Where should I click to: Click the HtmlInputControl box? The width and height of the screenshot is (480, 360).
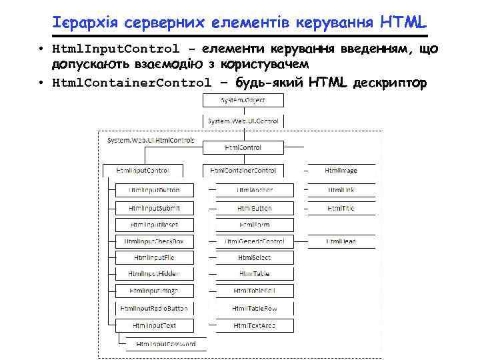coord(142,171)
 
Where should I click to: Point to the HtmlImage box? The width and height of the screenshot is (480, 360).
coord(341,171)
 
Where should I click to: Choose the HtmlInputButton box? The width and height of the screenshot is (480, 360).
coord(154,190)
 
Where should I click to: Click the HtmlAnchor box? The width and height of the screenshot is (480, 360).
coord(255,190)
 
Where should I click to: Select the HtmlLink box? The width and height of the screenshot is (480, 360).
coord(341,190)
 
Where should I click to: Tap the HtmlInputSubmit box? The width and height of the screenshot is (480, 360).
coord(154,208)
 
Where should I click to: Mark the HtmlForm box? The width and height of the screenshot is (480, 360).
coord(255,225)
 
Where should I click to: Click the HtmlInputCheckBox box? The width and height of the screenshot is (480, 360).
coord(154,241)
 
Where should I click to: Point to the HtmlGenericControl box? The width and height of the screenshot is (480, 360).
coord(255,241)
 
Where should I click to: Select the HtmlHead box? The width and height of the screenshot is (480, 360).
coord(341,241)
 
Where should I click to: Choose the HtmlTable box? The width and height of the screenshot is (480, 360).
coord(255,274)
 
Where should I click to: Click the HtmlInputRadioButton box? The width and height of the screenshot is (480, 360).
coord(154,309)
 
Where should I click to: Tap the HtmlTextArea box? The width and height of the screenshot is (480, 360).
coord(255,325)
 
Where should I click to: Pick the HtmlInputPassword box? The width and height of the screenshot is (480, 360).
coord(166,344)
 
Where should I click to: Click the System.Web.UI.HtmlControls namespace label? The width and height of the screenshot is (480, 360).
coord(151,141)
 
